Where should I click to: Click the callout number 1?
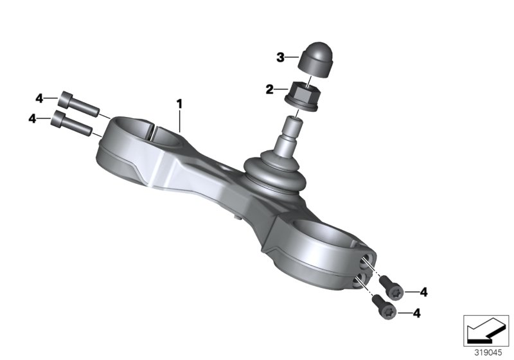(181, 103)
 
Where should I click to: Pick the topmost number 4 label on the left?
(39, 98)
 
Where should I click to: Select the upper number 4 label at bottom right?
(423, 292)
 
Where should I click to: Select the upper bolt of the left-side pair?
(76, 104)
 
